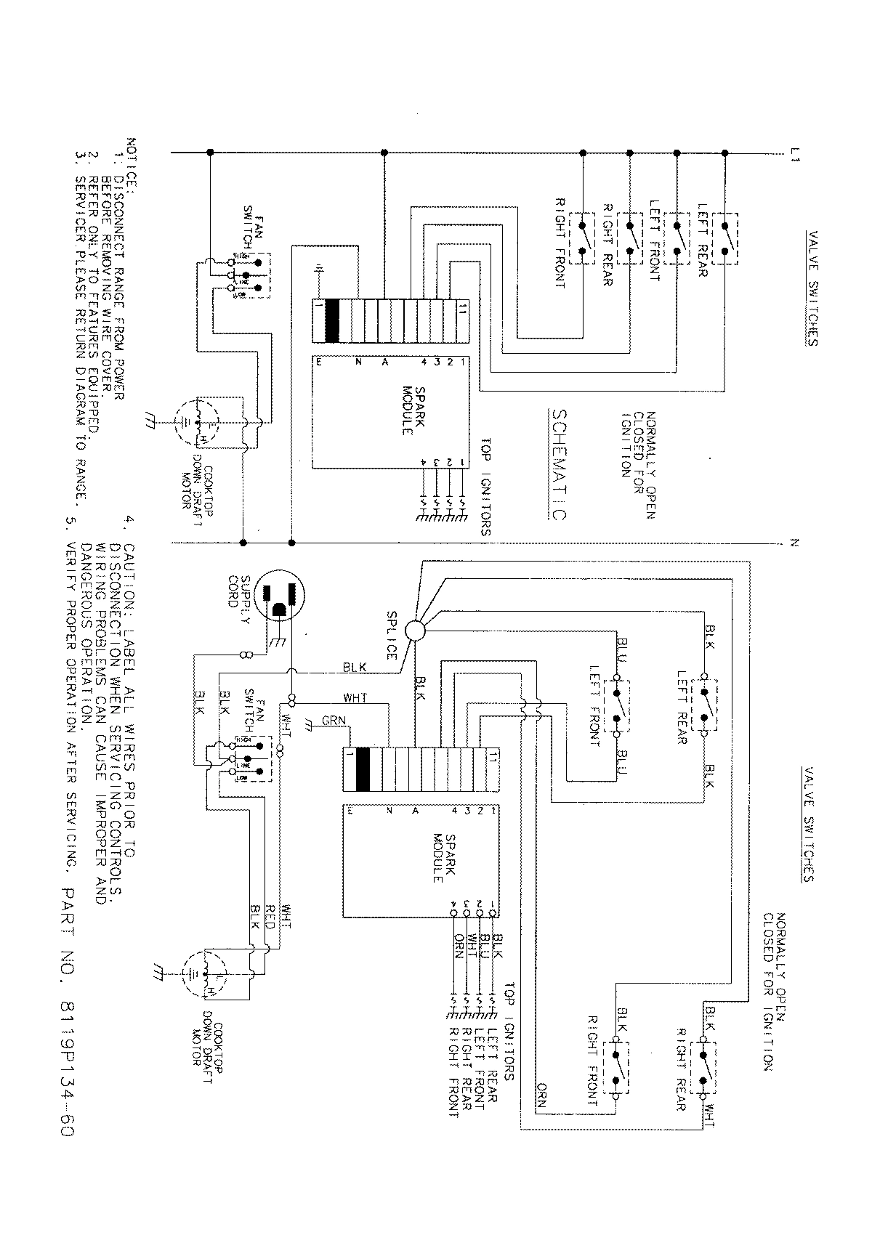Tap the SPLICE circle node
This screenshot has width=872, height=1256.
click(x=416, y=630)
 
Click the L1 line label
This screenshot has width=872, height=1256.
click(x=795, y=153)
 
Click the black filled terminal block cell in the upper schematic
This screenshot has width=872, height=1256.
click(x=333, y=320)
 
